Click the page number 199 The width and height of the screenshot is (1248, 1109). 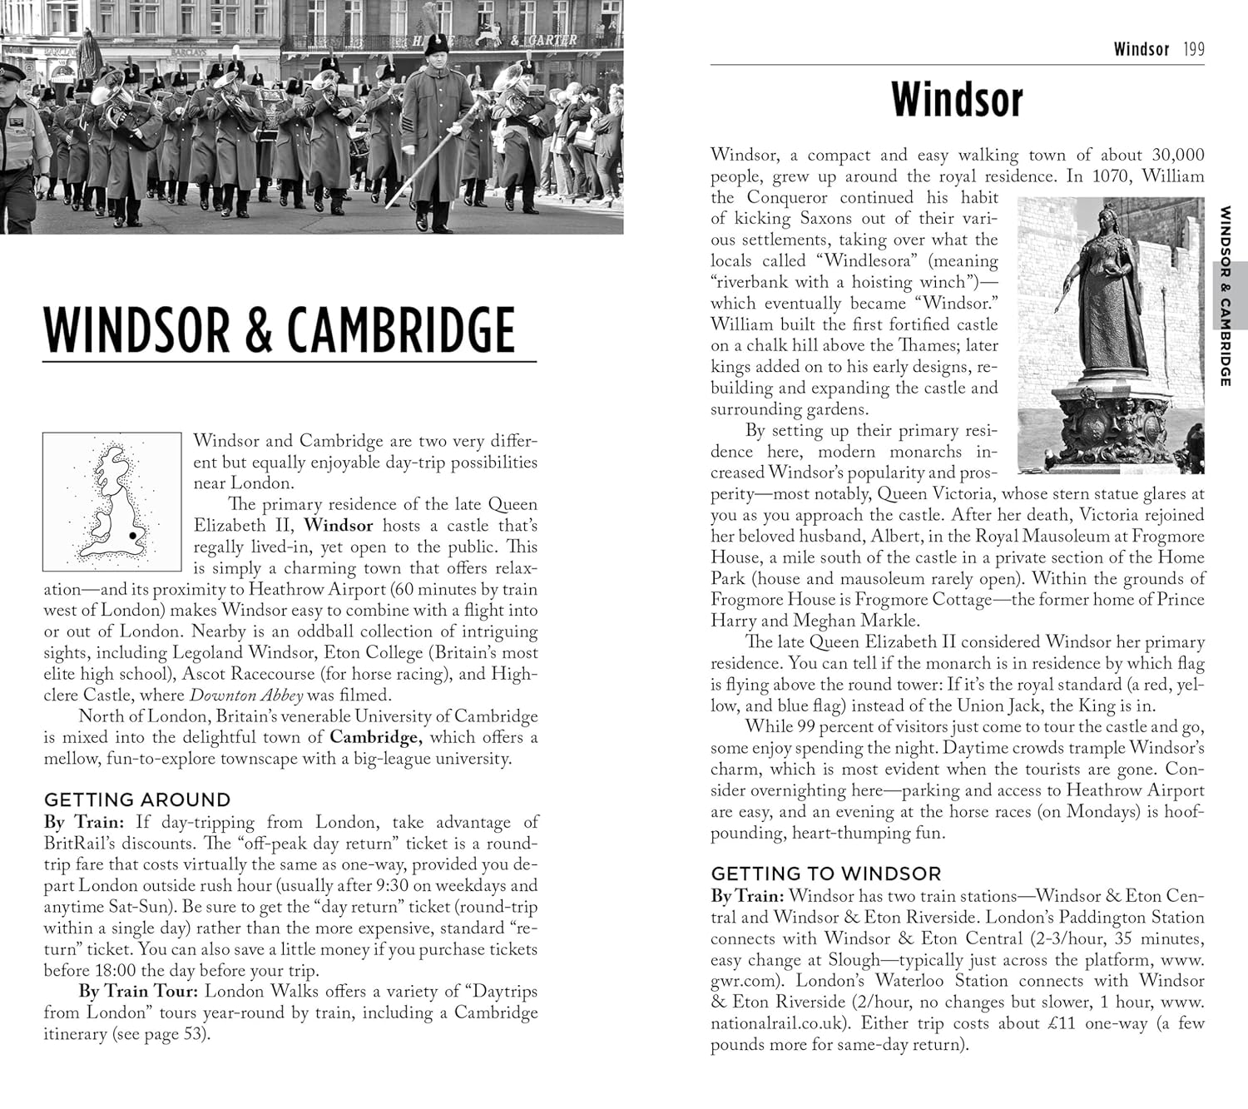pyautogui.click(x=1193, y=49)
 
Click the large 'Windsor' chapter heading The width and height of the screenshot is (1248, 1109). pyautogui.click(x=957, y=100)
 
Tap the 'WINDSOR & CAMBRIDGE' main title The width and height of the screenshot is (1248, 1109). pyautogui.click(x=280, y=330)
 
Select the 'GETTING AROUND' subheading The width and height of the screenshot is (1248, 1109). pyautogui.click(x=137, y=800)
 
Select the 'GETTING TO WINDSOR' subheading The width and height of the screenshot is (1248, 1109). pyautogui.click(x=826, y=874)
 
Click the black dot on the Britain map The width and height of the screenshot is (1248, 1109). pyautogui.click(x=132, y=536)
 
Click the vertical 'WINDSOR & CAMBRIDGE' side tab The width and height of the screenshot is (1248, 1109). pyautogui.click(x=1225, y=295)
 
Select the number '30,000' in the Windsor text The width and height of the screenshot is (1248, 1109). pyautogui.click(x=1177, y=155)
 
